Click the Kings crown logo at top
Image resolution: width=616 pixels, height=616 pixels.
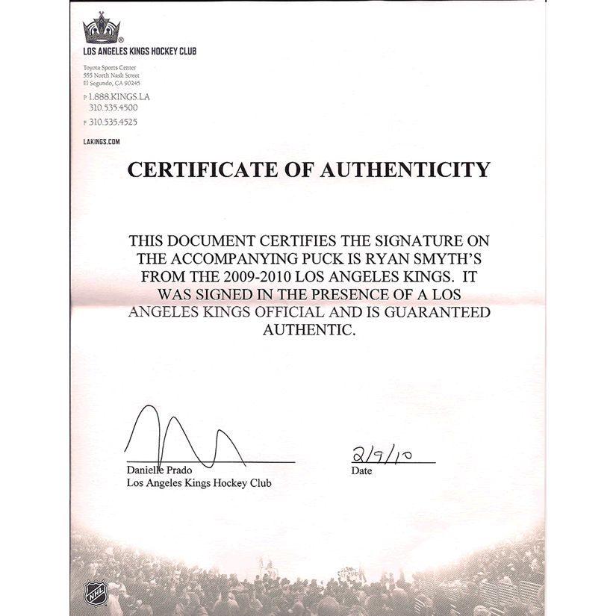click(105, 30)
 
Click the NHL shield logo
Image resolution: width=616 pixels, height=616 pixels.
click(94, 593)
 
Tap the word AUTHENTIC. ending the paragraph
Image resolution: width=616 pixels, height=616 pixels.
click(307, 330)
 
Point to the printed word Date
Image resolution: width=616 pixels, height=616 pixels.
click(361, 471)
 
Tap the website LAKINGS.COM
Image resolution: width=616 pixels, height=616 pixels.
click(102, 141)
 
